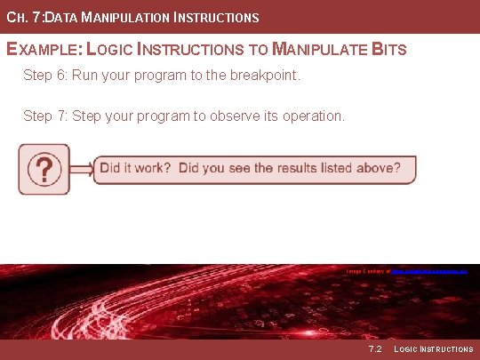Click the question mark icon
click(x=44, y=169)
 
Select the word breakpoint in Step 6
click(x=263, y=76)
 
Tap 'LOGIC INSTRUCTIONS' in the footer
click(x=433, y=349)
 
